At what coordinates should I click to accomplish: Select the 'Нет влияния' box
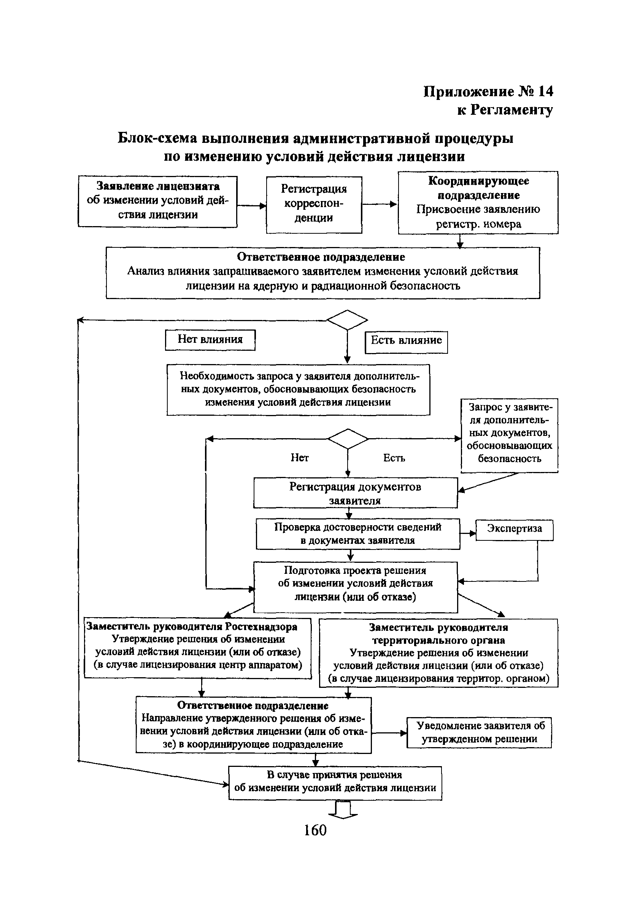tap(210, 339)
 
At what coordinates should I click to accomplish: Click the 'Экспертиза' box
tap(514, 530)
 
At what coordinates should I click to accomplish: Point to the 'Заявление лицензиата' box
tap(157, 201)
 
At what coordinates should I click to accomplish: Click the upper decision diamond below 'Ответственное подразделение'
tap(347, 320)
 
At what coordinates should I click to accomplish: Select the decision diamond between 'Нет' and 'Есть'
tap(348, 439)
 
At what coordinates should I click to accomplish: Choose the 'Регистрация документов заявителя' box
tap(355, 493)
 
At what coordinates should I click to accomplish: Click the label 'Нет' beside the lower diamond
tap(299, 458)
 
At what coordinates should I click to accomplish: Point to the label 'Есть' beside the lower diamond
tap(394, 458)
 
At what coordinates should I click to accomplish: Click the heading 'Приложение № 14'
tap(489, 92)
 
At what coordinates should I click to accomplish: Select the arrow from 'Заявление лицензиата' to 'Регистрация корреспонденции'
tap(251, 205)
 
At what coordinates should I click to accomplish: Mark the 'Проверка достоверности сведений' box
tap(358, 534)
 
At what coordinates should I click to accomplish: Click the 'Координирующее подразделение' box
tap(478, 202)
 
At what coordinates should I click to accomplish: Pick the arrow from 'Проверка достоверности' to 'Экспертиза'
tap(468, 533)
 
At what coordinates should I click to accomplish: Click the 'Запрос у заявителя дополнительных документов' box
tap(509, 435)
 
